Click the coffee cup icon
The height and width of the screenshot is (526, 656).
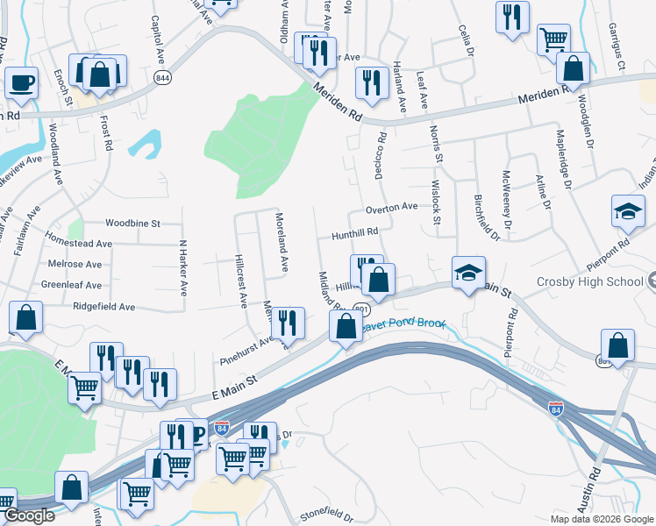pos(22,83)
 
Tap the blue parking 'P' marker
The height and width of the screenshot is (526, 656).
pos(198,436)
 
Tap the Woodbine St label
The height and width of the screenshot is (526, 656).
pos(132,224)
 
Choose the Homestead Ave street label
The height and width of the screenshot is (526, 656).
pos(79,244)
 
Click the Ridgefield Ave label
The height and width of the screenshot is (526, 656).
pos(103,307)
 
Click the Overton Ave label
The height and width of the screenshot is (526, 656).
pos(391,207)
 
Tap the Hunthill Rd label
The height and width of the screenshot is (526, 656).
pos(354,234)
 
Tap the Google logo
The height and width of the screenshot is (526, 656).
pos(28,515)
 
